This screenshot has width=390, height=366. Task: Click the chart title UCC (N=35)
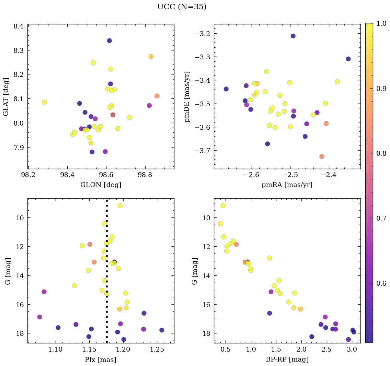click(x=182, y=7)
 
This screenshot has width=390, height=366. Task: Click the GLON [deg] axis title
click(x=101, y=185)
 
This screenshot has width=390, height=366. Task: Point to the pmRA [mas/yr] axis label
click(x=287, y=185)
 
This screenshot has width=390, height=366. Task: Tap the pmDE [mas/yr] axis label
click(x=187, y=97)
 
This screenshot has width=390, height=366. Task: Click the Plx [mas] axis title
click(x=101, y=359)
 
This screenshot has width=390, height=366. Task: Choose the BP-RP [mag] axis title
click(x=287, y=359)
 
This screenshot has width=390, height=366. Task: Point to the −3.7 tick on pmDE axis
click(x=203, y=151)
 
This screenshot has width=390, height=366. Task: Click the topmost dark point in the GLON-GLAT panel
click(x=109, y=40)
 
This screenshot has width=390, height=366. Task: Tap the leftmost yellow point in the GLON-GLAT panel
click(x=44, y=102)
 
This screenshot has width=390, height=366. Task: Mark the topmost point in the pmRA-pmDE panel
click(x=293, y=36)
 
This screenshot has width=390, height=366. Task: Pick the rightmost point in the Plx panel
click(x=162, y=330)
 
